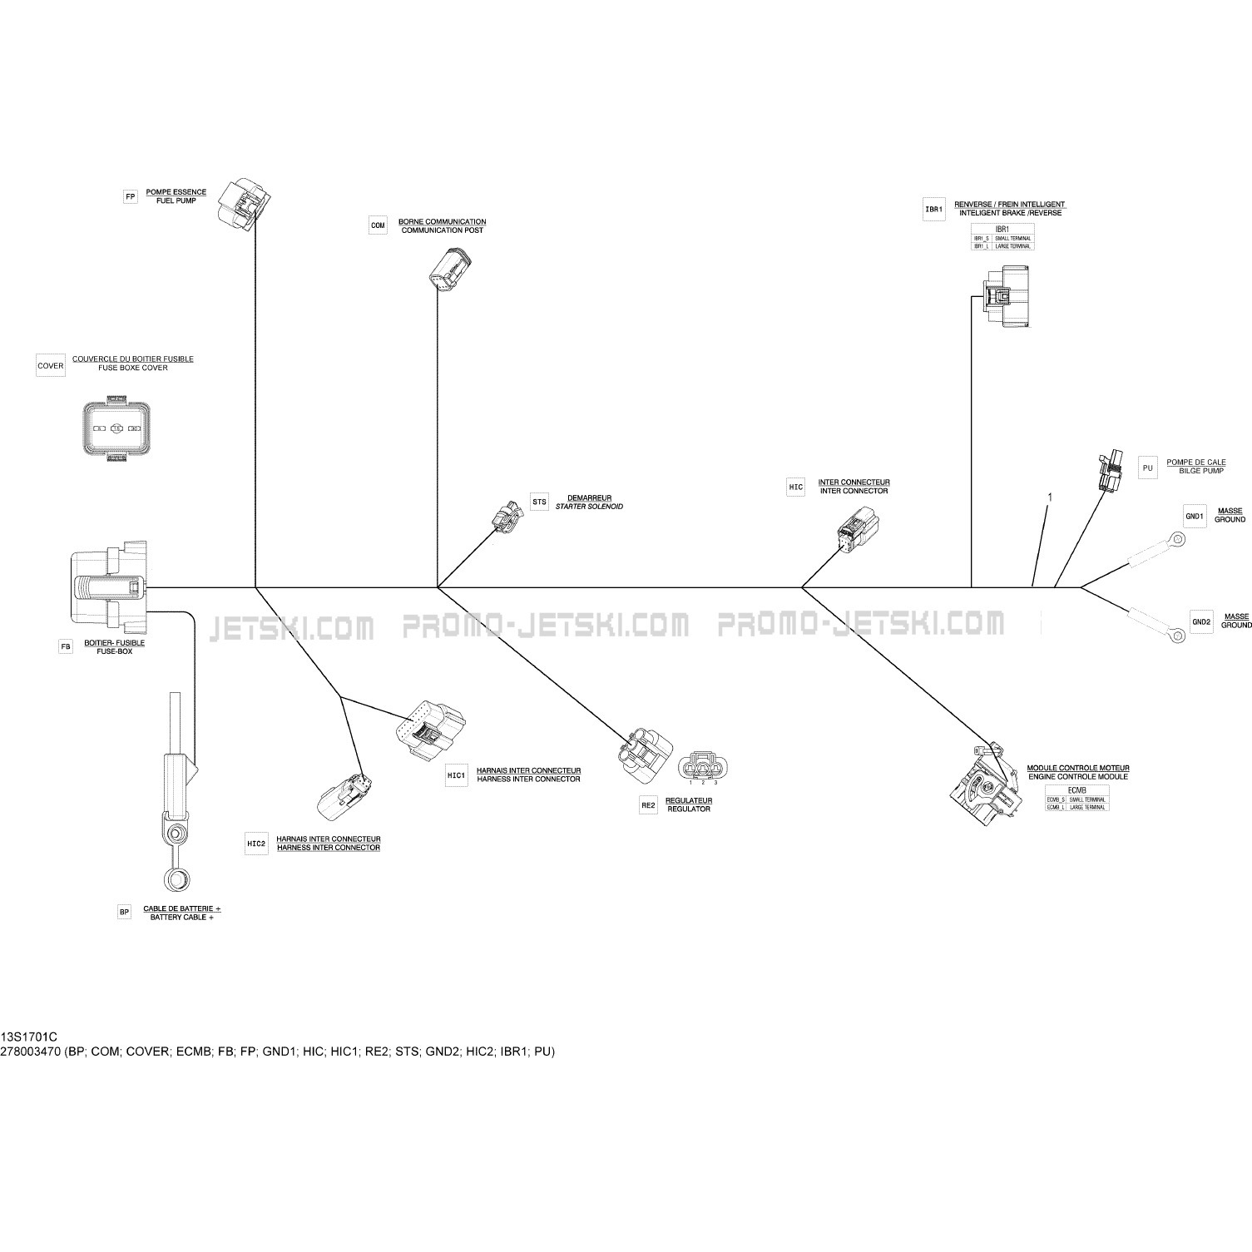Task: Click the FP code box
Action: click(x=130, y=197)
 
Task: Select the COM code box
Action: click(x=378, y=225)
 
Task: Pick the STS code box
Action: click(x=540, y=502)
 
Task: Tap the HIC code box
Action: click(x=796, y=487)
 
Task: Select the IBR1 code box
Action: click(x=934, y=210)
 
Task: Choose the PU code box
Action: click(x=1148, y=468)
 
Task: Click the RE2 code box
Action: click(x=648, y=805)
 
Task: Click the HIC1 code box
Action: click(x=457, y=775)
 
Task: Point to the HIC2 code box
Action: click(x=256, y=844)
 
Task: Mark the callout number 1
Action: click(x=1050, y=497)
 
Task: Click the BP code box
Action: click(x=124, y=913)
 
